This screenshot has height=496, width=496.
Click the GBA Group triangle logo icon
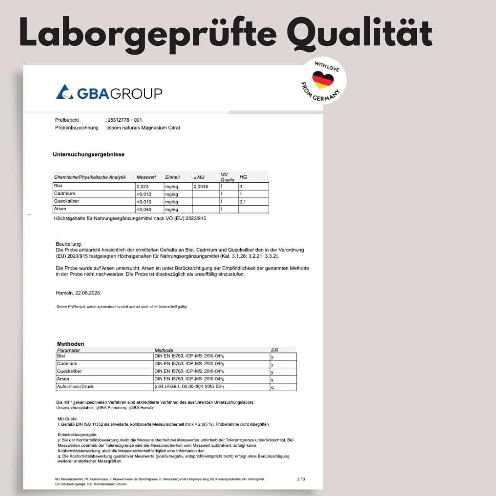click(64, 91)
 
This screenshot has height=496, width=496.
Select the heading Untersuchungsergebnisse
click(89, 154)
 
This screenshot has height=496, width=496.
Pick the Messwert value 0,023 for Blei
click(143, 187)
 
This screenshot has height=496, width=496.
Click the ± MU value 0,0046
click(201, 187)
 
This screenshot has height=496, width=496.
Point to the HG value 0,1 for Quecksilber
click(243, 202)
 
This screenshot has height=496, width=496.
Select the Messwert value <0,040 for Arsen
click(144, 210)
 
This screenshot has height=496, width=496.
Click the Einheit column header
click(173, 177)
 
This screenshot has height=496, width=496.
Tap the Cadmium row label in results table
click(64, 194)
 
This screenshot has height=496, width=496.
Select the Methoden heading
click(71, 344)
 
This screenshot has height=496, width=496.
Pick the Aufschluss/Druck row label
click(75, 387)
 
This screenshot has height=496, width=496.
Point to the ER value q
click(272, 387)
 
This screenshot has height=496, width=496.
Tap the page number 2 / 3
click(301, 479)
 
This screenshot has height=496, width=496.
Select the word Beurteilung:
click(69, 244)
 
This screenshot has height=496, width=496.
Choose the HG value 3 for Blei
click(241, 187)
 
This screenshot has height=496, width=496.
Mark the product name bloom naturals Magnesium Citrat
click(144, 128)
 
